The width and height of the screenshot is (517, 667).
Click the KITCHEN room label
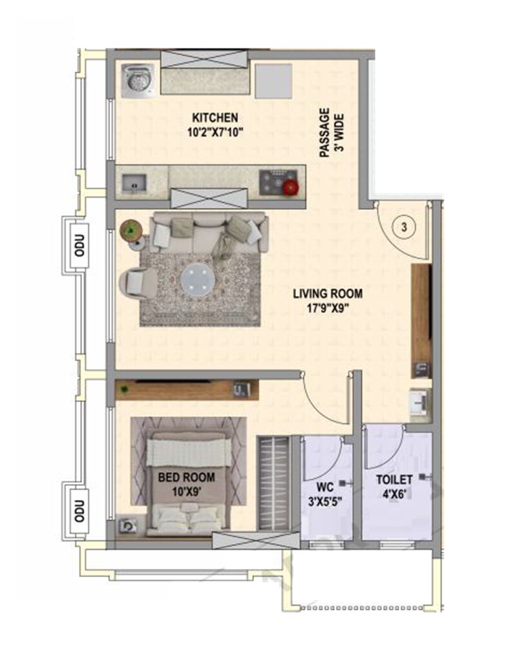(214, 118)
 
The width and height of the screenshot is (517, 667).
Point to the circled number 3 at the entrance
(404, 227)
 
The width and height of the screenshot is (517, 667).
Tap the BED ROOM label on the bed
(187, 478)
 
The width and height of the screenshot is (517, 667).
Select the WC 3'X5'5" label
(325, 492)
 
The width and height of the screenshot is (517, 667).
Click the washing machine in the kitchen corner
(136, 81)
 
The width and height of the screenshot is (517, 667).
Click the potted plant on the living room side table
(132, 229)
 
